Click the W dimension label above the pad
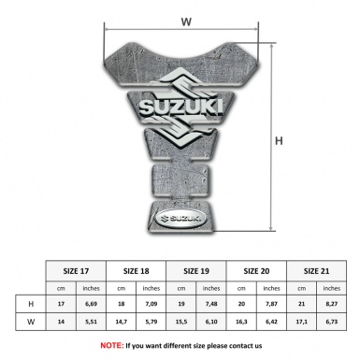click(185, 19)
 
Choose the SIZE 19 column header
click(196, 270)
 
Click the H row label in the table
click(31, 304)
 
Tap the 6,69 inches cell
click(92, 304)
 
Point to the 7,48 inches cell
click(212, 304)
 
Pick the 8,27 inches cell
click(333, 304)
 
